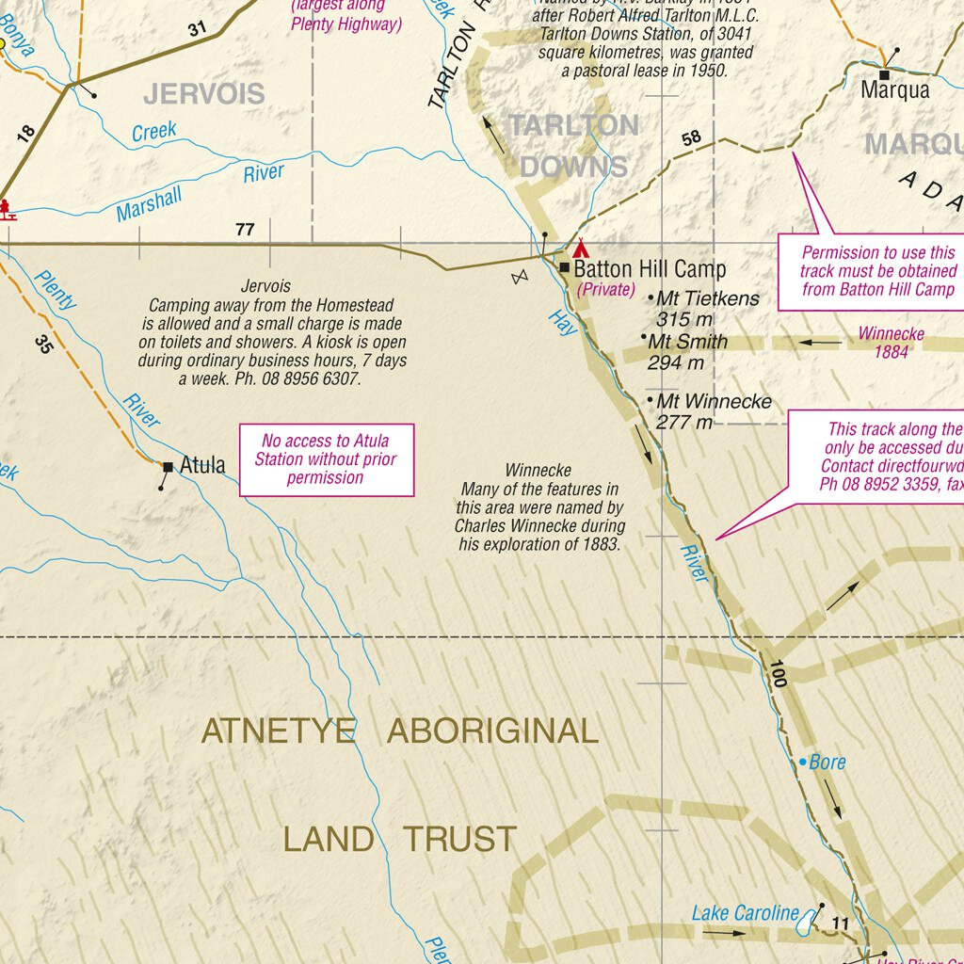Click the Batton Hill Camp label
tap(650, 269)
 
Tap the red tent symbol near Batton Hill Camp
tap(580, 249)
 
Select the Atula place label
tap(202, 465)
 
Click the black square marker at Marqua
tap(885, 74)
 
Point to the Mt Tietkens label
tap(707, 298)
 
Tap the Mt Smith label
tap(688, 342)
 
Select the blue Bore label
tap(827, 763)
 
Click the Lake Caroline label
tap(745, 912)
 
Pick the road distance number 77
tap(245, 230)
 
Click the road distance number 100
tap(777, 674)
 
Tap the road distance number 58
tap(691, 138)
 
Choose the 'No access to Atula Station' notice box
tap(326, 459)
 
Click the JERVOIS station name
tap(204, 94)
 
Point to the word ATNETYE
tap(279, 731)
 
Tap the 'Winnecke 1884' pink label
tap(891, 343)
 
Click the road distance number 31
tap(196, 29)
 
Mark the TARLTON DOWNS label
tap(573, 146)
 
